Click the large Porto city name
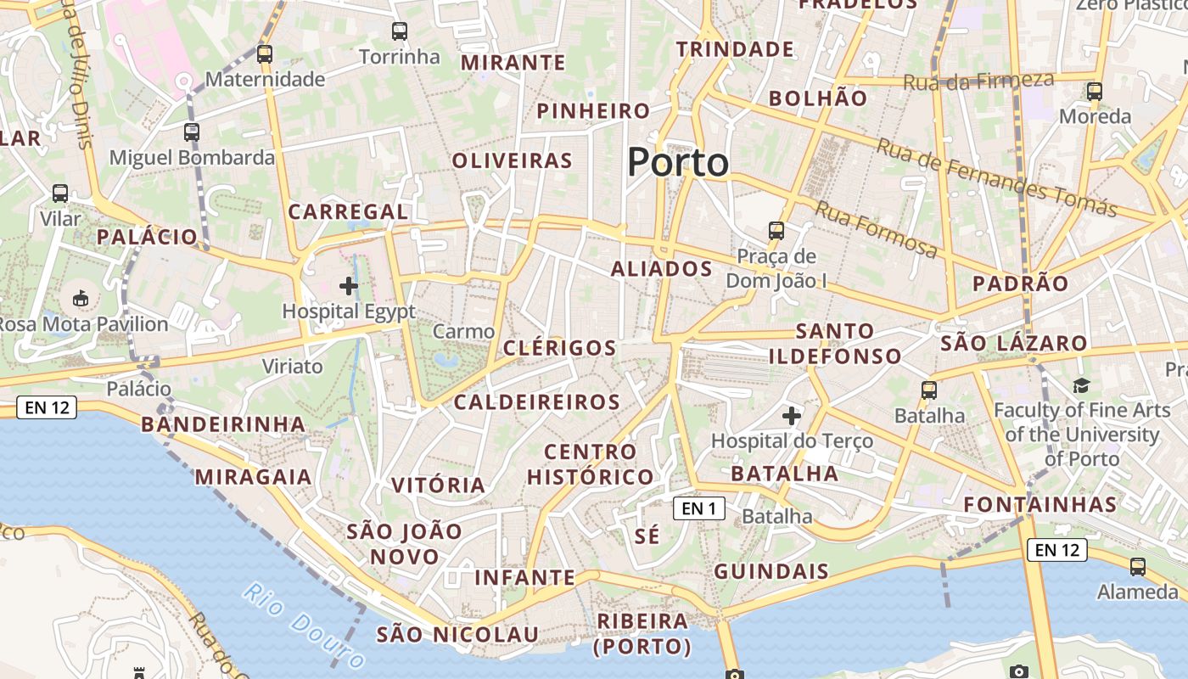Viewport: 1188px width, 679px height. pos(678,162)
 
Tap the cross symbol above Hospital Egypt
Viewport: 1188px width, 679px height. pos(349,286)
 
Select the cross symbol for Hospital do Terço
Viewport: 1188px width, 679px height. pos(792,416)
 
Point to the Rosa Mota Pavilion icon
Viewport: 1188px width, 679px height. pos(81,298)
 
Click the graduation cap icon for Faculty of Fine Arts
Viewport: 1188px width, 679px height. pos(1081,386)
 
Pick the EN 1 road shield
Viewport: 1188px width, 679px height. pos(699,508)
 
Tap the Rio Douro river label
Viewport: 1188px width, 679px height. pos(302,624)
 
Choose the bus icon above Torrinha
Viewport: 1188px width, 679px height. pos(400,32)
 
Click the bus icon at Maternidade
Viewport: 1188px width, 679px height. pos(265,54)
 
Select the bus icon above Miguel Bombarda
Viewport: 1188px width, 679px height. pos(192,132)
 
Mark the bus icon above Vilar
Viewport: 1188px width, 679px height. pos(60,193)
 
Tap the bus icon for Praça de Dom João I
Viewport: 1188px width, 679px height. pos(776,230)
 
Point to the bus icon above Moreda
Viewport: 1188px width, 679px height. pos(1095,92)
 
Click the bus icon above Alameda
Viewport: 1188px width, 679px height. pos(1137,566)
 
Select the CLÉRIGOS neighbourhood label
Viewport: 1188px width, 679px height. pos(560,348)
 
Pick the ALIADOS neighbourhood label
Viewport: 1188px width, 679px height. pos(662,269)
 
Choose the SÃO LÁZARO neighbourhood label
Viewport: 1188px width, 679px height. pos(1014,344)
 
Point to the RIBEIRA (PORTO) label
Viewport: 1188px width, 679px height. pos(642,634)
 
